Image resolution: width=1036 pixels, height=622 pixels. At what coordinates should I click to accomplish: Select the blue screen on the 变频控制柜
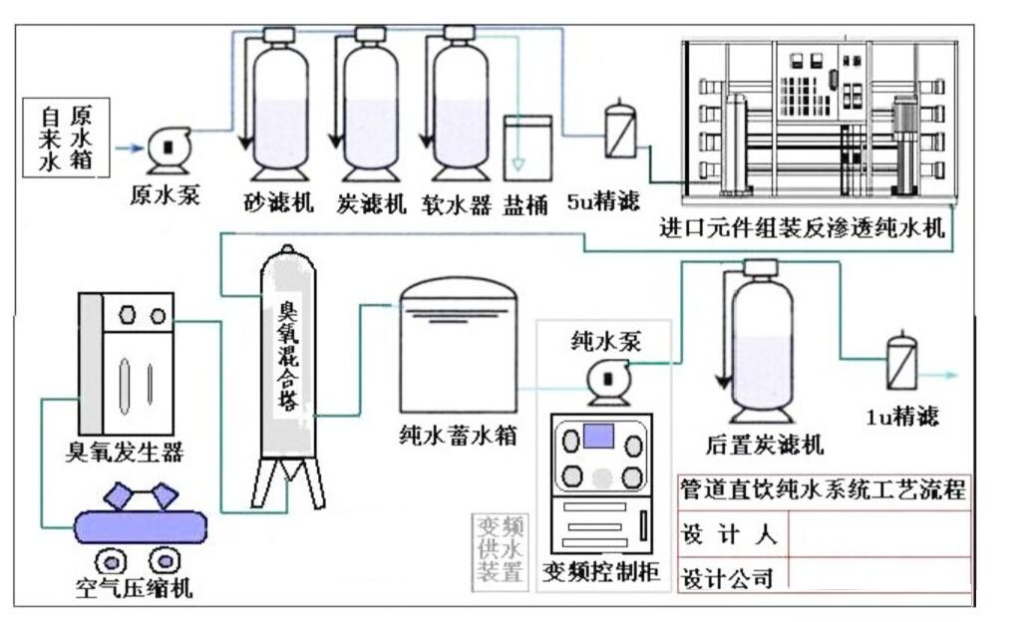tap(598, 436)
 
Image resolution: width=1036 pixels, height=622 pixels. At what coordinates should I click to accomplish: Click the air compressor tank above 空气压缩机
tap(141, 525)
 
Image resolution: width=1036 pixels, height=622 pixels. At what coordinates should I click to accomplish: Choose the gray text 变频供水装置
tap(499, 549)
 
